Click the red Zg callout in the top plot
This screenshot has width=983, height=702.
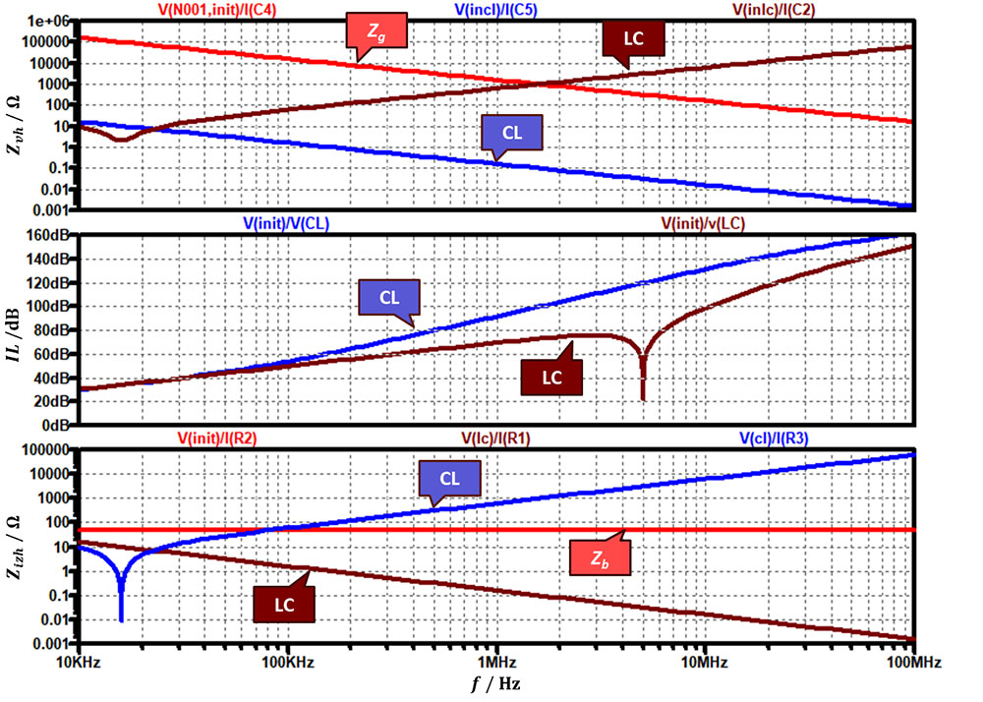pyautogui.click(x=376, y=32)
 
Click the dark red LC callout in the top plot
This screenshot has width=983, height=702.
pyautogui.click(x=633, y=37)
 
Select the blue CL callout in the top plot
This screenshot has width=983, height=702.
pyautogui.click(x=512, y=133)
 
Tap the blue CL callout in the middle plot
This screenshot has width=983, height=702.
pyautogui.click(x=388, y=297)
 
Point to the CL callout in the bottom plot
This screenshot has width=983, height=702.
pyautogui.click(x=449, y=479)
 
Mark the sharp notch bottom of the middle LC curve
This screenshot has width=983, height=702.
pyautogui.click(x=642, y=398)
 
